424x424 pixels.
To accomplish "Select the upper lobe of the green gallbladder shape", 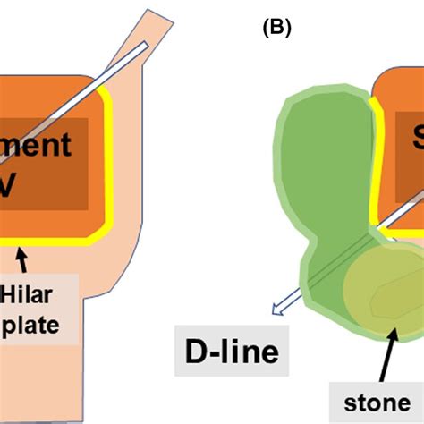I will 326,152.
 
